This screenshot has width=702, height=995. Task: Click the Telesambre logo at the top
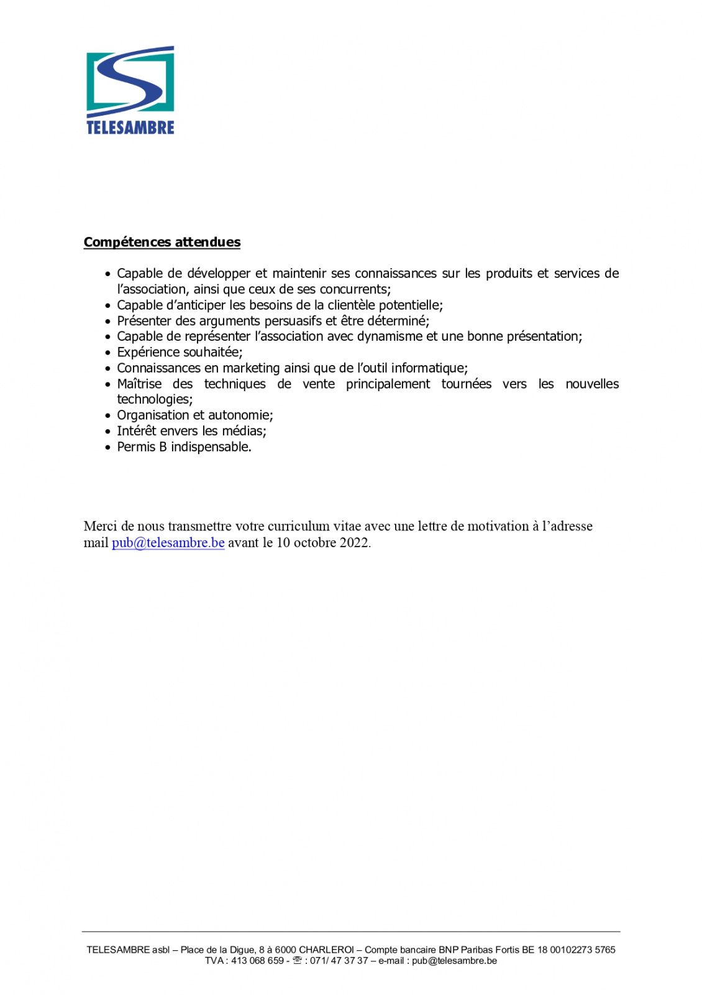130,90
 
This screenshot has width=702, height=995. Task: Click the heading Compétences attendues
162,242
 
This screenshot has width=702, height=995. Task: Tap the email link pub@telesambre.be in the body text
168,542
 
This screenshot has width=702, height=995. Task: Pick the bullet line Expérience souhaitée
180,352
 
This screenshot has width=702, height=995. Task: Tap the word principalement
388,384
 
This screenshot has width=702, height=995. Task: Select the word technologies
155,399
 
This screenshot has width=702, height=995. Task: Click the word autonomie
240,415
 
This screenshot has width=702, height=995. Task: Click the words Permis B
142,447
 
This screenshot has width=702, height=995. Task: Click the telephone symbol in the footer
297,960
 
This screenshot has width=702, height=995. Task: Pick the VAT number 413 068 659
257,960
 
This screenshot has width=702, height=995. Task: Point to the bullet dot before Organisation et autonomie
108,415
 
